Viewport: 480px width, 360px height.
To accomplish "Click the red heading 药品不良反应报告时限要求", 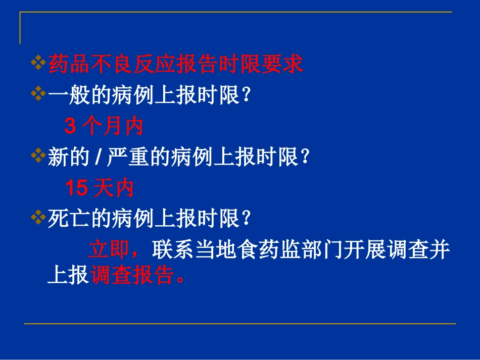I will [175, 65].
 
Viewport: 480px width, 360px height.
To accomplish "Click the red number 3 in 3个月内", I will [70, 127].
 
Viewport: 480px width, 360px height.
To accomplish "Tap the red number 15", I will [76, 188].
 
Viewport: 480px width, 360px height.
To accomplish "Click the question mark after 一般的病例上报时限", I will [246, 96].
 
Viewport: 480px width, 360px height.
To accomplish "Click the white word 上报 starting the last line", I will [68, 275].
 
